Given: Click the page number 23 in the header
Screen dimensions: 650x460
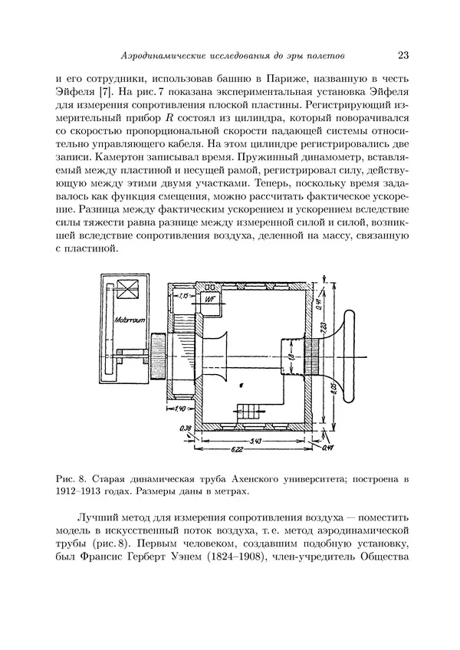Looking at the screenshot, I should (403, 55).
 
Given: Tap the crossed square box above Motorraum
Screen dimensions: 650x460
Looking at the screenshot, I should (126, 292).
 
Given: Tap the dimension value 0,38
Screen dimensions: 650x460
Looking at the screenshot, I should (185, 428).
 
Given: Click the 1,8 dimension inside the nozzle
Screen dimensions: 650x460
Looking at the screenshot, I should (291, 357).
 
